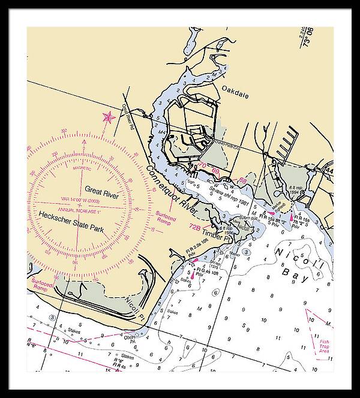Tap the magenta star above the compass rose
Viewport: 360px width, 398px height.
[x=108, y=117]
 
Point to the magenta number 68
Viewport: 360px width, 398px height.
[x=242, y=180]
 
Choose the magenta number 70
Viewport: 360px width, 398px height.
[x=203, y=164]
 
